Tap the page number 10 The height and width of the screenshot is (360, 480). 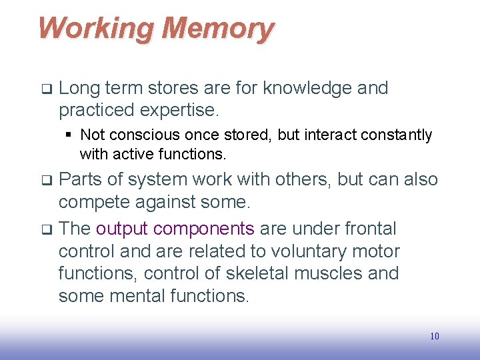coord(435,336)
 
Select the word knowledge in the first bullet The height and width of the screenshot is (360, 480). coord(308,88)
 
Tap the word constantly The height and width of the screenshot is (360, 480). coord(396,135)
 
